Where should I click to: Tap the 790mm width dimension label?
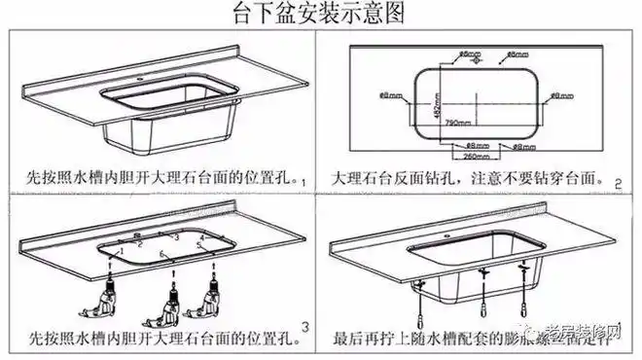(460, 125)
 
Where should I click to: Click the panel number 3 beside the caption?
(306, 324)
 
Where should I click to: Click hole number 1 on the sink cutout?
(123, 252)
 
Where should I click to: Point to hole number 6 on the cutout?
(163, 257)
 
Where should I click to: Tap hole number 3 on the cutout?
(175, 236)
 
